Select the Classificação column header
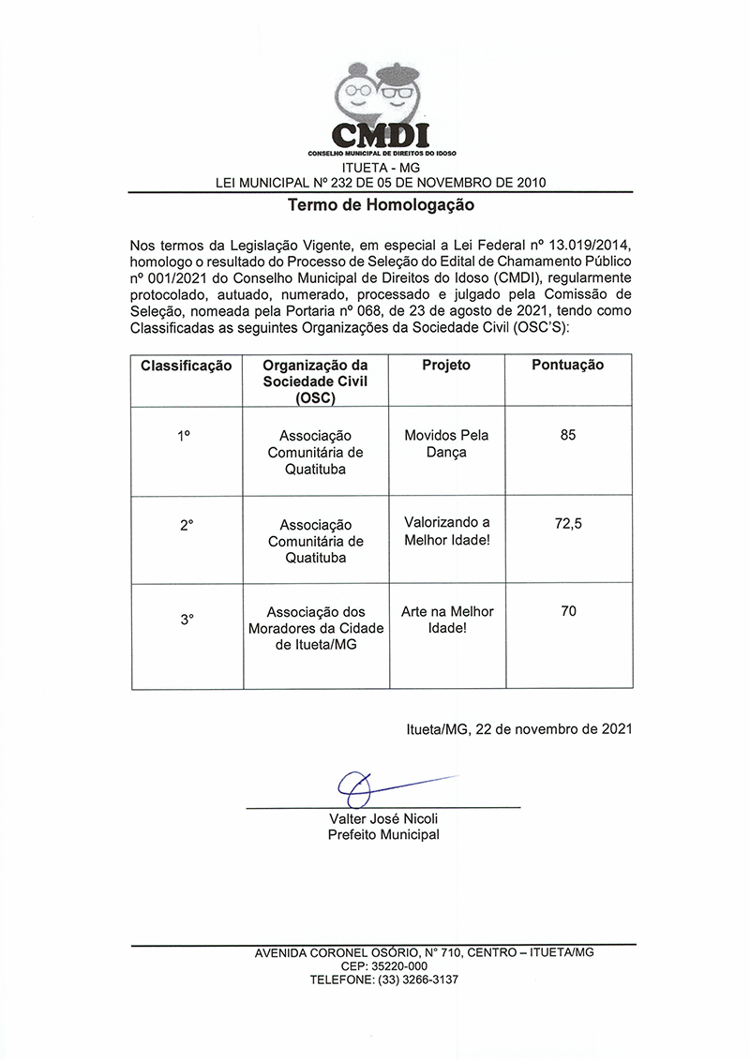point(187,366)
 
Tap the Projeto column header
point(446,365)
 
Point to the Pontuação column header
point(568,365)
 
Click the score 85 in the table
point(568,435)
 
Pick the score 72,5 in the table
point(568,524)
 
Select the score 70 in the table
point(568,611)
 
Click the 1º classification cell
point(185,436)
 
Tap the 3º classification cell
point(187,619)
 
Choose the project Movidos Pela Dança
point(446,443)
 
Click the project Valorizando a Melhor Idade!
point(447,531)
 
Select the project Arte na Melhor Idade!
point(447,620)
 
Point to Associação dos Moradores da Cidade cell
point(316,628)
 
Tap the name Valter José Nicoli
point(383,818)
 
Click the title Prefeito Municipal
point(383,834)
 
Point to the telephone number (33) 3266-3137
point(417,980)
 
